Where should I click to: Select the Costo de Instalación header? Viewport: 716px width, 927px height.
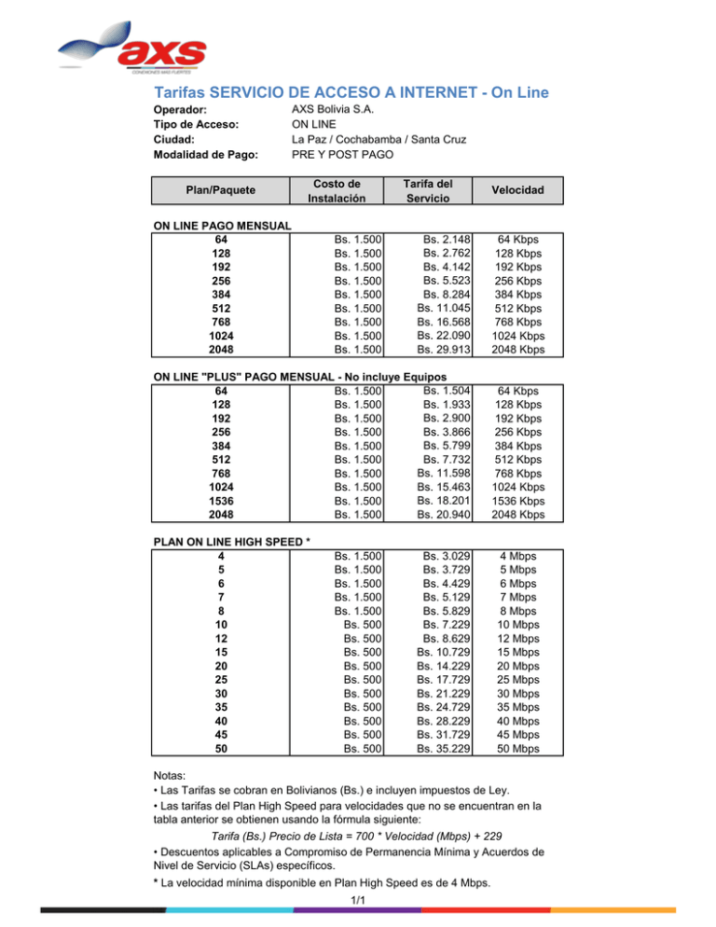point(334,190)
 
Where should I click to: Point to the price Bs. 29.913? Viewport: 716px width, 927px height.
point(444,349)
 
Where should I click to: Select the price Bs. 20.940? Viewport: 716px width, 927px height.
point(444,514)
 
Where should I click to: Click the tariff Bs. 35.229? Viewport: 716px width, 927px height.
point(444,748)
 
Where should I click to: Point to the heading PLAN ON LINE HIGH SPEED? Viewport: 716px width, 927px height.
point(231,543)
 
